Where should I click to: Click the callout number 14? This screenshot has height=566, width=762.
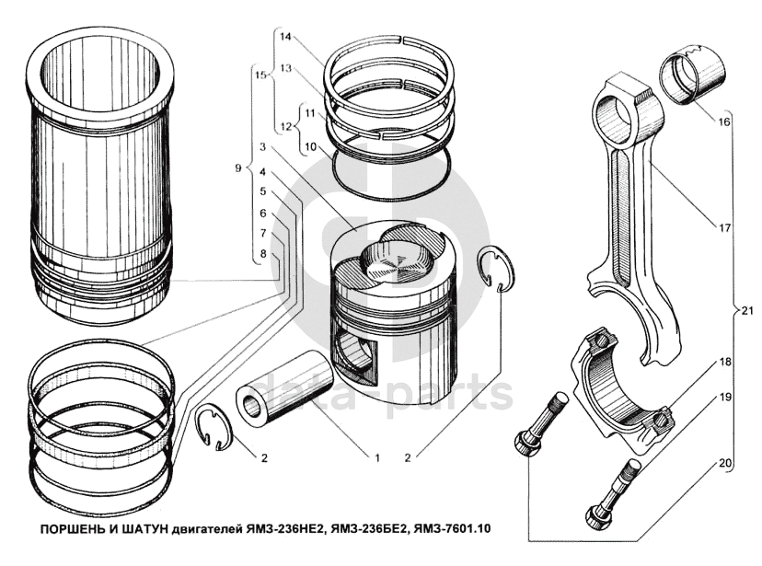coord(285,37)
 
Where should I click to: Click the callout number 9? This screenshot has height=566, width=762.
coord(237,168)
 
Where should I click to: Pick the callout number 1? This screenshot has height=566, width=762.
coord(376,456)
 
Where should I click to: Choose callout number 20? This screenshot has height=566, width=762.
coord(726,464)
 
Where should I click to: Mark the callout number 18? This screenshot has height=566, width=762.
coord(726,363)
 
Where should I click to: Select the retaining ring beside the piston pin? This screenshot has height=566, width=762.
coord(219,428)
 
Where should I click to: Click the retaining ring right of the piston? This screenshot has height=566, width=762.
coord(500,268)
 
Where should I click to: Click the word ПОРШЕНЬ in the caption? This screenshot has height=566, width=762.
coord(68,529)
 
